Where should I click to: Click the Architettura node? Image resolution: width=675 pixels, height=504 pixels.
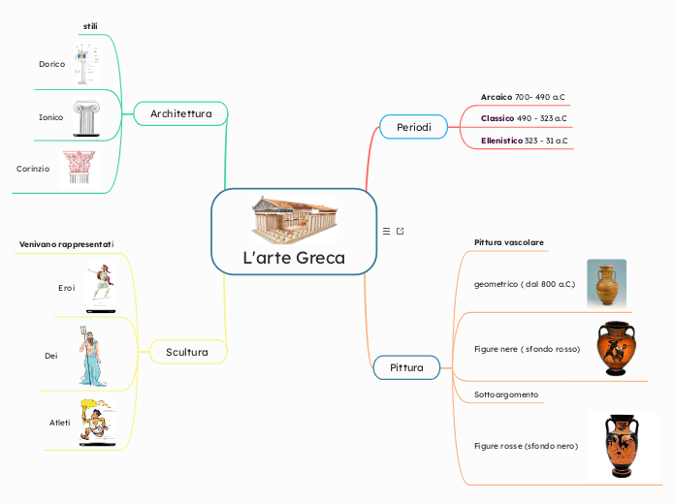[x=180, y=114]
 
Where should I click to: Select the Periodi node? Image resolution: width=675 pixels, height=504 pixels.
[x=413, y=127]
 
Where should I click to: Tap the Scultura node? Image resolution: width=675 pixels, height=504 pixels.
[x=187, y=352]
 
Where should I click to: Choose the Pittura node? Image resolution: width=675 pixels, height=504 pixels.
[x=406, y=368]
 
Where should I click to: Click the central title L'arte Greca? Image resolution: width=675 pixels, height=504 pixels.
[x=293, y=259]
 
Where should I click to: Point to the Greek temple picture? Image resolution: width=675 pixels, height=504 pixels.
[x=294, y=218]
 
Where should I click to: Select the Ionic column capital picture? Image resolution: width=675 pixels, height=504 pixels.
[x=85, y=117]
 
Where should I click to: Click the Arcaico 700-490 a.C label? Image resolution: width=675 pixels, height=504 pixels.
[x=523, y=98]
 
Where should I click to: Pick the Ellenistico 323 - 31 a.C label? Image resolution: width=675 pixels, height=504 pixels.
[x=524, y=141]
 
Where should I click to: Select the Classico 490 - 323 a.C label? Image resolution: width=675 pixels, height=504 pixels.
[x=524, y=118]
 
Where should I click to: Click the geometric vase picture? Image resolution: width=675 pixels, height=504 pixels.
[x=606, y=283]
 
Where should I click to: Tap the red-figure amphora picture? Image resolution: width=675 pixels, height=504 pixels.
[x=621, y=446]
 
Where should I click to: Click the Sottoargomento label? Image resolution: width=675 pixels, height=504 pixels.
[x=505, y=395]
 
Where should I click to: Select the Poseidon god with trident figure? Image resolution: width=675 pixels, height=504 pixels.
[x=93, y=355]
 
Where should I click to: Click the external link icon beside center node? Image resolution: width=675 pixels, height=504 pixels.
[x=400, y=231]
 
